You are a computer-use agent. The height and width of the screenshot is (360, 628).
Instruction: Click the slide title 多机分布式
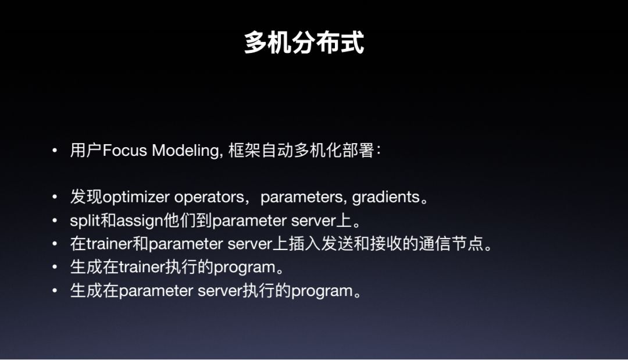[304, 42]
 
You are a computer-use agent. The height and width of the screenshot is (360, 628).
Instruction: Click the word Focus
[125, 151]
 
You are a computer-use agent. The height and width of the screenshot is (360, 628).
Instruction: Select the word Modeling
[186, 151]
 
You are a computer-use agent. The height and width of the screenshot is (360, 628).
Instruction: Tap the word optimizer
[136, 197]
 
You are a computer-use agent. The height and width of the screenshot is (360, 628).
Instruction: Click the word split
[85, 221]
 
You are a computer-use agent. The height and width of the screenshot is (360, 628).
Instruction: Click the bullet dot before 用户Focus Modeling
[55, 151]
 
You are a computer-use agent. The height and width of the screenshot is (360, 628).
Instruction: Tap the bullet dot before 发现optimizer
[55, 197]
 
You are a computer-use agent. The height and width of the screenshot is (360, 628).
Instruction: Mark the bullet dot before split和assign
[55, 220]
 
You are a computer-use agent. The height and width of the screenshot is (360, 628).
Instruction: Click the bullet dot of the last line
[55, 291]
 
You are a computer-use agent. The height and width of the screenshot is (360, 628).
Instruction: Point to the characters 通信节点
[451, 244]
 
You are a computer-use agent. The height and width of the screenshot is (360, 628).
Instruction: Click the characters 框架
[244, 151]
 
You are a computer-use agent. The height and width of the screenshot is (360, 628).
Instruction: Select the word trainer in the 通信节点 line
[109, 244]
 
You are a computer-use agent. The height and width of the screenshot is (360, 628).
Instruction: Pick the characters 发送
[337, 244]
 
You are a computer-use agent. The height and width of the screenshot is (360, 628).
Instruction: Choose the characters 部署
[358, 151]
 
